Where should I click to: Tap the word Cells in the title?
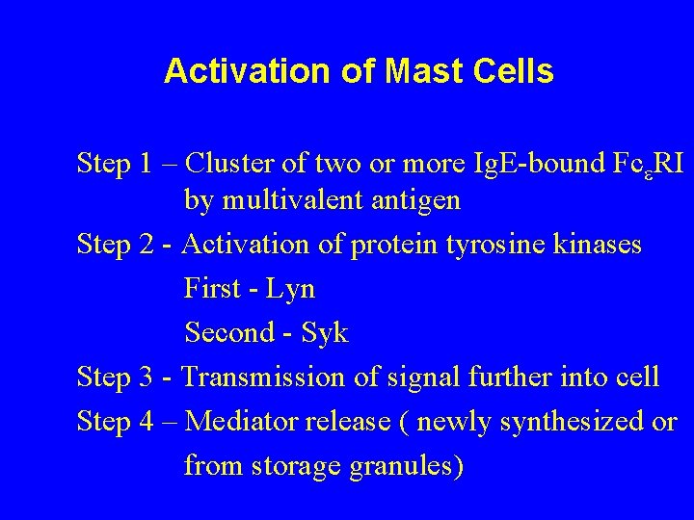pyautogui.click(x=518, y=72)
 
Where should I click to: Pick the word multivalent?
pyautogui.click(x=289, y=202)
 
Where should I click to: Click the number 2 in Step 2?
pyautogui.click(x=144, y=247)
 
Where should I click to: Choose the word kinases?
pyautogui.click(x=598, y=247)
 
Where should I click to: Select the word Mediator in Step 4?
pyautogui.click(x=234, y=422)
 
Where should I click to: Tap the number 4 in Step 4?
pyautogui.click(x=144, y=422)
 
